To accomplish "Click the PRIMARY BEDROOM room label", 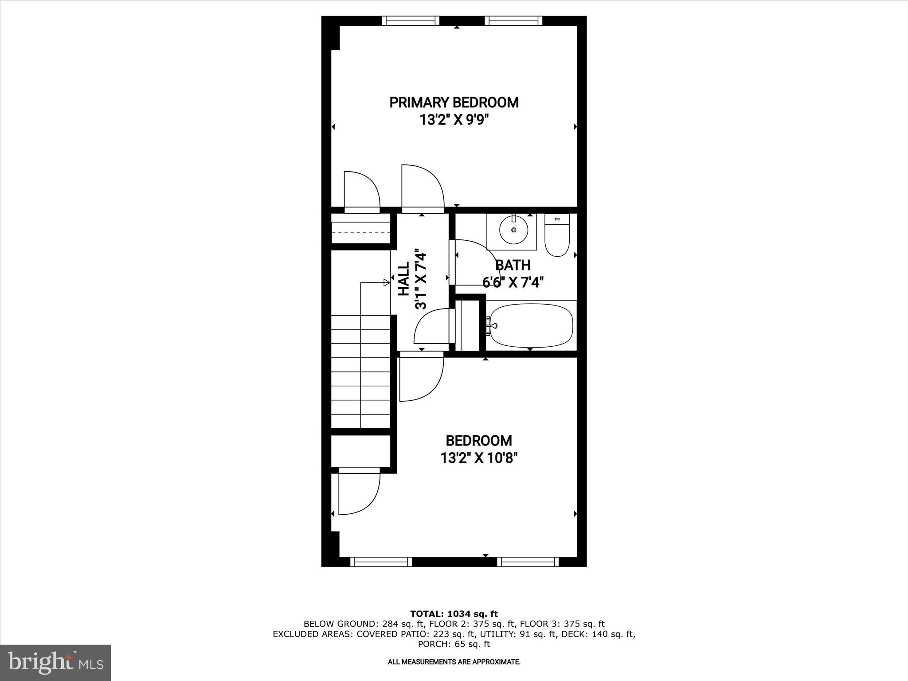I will [x=454, y=102].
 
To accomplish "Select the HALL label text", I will [x=403, y=279].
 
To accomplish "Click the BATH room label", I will [x=513, y=265].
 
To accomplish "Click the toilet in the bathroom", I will [x=557, y=237].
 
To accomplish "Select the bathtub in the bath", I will [x=531, y=326].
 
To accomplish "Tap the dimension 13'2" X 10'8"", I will [x=479, y=458].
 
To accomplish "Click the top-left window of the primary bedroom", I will [x=411, y=21].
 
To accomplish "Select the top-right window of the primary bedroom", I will [x=513, y=21].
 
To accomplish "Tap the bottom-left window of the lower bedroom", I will [x=381, y=562].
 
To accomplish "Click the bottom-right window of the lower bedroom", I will [x=527, y=562].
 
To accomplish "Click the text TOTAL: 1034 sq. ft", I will [x=454, y=614].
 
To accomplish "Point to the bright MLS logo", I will [x=55, y=662].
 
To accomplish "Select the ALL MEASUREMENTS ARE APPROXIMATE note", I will [x=454, y=662].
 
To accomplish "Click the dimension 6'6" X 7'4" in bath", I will [x=513, y=282].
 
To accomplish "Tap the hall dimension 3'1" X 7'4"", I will [x=420, y=279].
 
